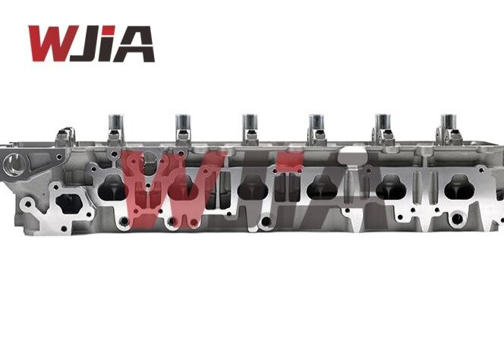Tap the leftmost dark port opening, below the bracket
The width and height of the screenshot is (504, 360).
(67, 204)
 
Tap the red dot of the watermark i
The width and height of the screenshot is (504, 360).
(291, 160)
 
